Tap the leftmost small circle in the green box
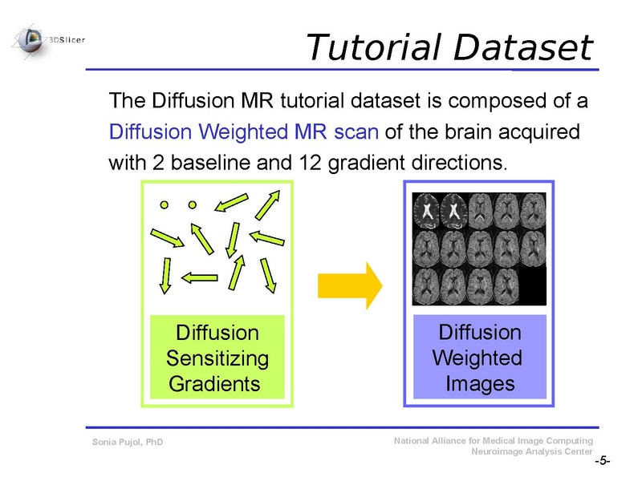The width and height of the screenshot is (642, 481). click(165, 204)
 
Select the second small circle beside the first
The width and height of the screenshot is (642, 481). click(192, 204)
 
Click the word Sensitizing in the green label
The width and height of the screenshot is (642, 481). click(217, 358)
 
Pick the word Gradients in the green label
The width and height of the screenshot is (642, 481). click(214, 383)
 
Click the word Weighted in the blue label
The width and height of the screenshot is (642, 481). click(477, 358)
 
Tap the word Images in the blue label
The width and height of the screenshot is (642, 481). click(480, 383)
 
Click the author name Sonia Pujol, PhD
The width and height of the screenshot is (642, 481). click(128, 442)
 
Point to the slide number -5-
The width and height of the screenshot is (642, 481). click(602, 463)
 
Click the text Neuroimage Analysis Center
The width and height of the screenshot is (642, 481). click(534, 451)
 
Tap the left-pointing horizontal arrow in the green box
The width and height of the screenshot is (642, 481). click(200, 277)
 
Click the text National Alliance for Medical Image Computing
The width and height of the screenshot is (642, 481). click(494, 441)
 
